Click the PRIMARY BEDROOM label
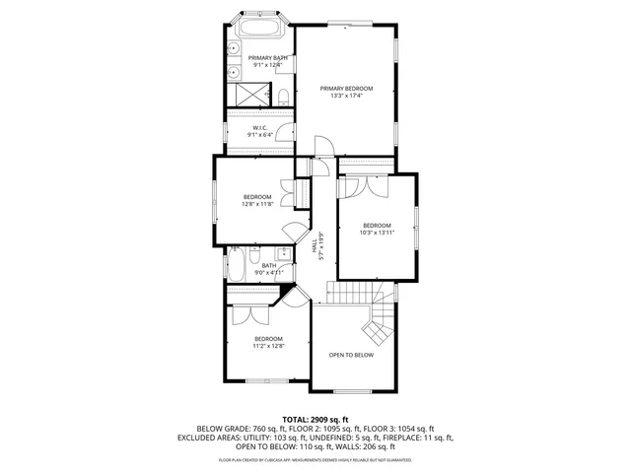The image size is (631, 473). (x=346, y=89)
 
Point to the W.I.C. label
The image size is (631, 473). (x=260, y=127)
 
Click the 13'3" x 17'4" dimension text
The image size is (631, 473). (x=346, y=97)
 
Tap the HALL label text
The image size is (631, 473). (x=314, y=242)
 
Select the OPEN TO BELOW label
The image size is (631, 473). (x=350, y=355)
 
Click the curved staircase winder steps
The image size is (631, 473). (x=378, y=317)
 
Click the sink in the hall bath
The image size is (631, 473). (x=282, y=253)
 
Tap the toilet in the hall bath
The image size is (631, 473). (x=283, y=273)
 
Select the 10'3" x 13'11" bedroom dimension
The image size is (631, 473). (x=377, y=234)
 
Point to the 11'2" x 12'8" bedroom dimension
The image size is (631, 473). (x=267, y=346)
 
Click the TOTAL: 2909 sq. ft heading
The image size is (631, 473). (x=315, y=419)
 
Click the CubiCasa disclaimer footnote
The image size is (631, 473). (x=315, y=460)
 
